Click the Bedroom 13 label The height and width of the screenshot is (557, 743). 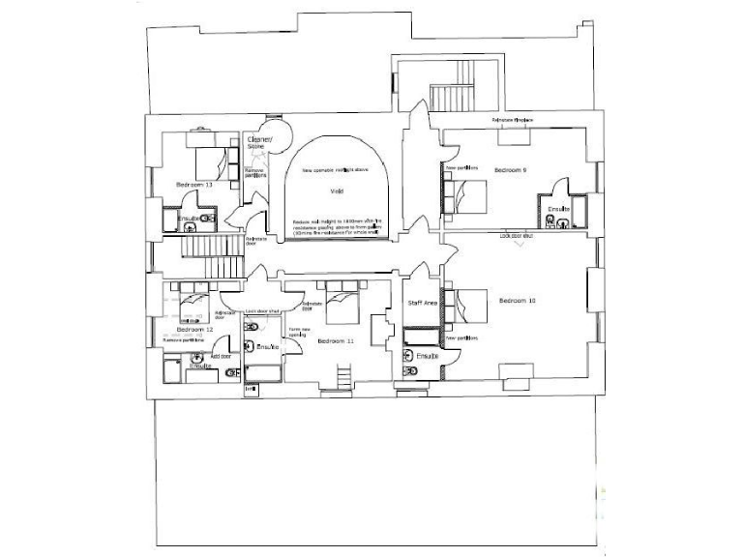point(194,184)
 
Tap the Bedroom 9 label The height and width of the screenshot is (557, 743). point(511,169)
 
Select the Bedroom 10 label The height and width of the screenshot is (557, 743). point(518,301)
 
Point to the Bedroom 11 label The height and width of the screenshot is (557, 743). point(336,341)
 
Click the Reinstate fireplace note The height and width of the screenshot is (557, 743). point(513,120)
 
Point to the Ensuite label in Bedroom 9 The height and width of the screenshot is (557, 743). point(559,209)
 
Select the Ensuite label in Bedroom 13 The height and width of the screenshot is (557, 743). point(190,219)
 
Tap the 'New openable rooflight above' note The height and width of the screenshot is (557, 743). point(335,170)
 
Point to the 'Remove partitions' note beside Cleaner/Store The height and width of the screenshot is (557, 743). point(254,173)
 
